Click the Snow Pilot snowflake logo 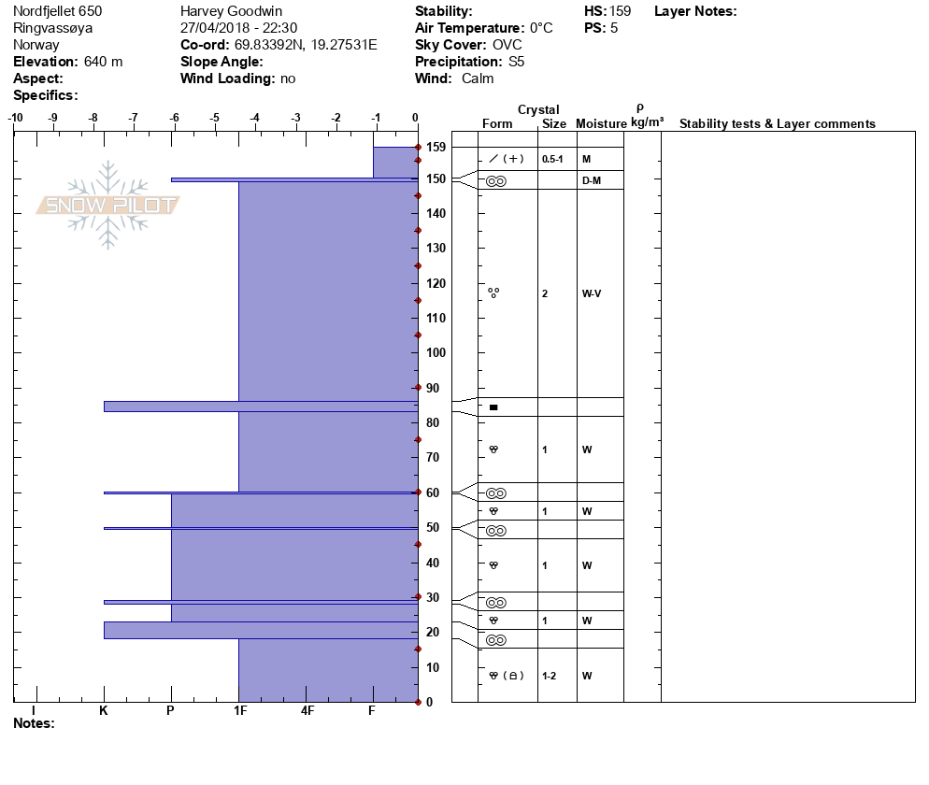[108, 205]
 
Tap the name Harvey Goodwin [231, 11]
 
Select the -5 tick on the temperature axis [215, 118]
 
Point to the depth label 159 [436, 147]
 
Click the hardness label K [104, 711]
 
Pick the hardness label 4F [307, 711]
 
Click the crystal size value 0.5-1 [552, 159]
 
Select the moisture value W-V [591, 293]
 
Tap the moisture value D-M [591, 179]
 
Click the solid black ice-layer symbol [493, 407]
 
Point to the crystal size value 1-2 [550, 676]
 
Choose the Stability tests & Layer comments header [777, 124]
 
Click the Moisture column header [601, 124]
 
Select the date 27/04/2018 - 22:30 [238, 28]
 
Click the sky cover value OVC [507, 45]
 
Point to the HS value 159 [620, 11]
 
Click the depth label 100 [436, 352]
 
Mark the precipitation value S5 [517, 62]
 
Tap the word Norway [36, 45]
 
